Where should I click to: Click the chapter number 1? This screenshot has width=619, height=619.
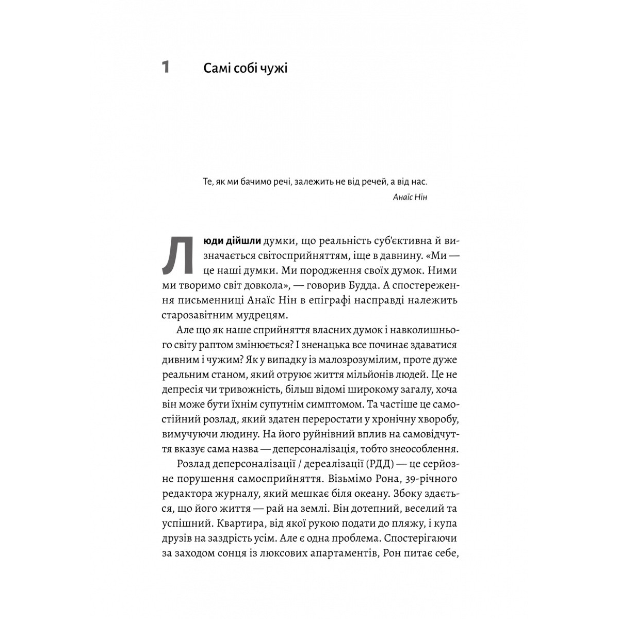pyautogui.click(x=166, y=68)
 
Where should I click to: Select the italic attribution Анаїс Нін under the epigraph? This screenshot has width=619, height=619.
pyautogui.click(x=410, y=197)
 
